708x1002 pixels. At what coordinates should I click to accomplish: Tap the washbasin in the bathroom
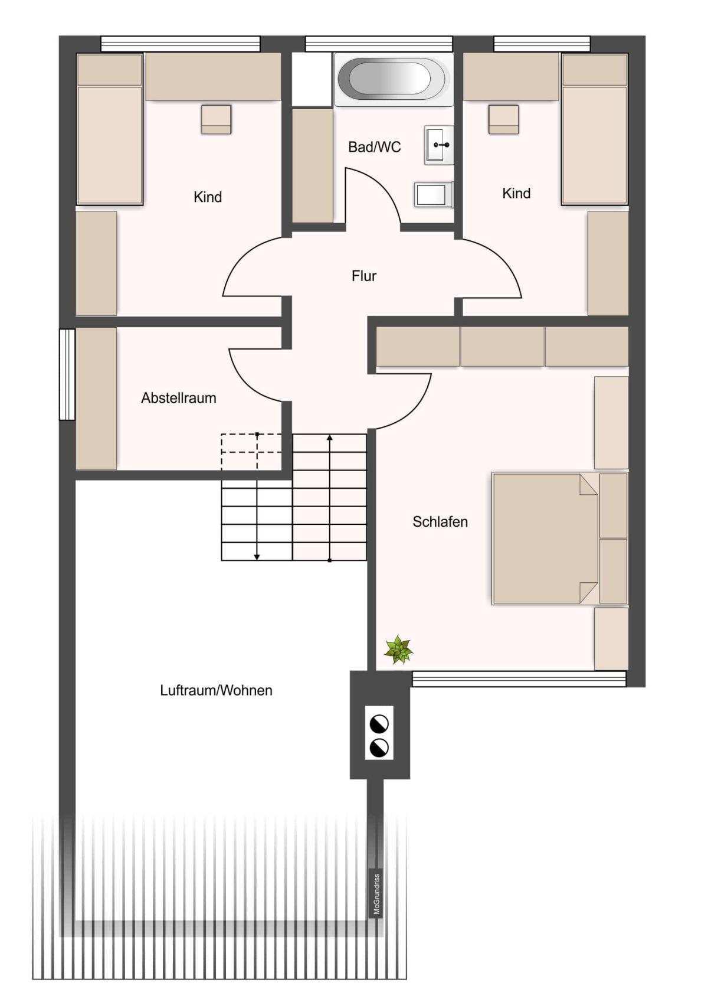439,145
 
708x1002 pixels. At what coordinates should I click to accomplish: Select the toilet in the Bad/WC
434,195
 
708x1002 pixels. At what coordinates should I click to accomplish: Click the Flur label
364,276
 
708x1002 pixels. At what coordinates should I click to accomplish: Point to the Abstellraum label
179,397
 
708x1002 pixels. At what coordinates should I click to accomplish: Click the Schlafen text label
440,521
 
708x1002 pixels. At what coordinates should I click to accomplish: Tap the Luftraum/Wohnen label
217,690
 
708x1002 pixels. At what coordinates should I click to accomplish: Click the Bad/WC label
375,146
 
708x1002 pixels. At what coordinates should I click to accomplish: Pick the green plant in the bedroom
399,649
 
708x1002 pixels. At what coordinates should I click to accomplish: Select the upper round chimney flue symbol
379,724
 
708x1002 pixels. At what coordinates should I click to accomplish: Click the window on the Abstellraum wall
67,374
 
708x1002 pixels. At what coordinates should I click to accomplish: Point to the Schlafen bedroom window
519,678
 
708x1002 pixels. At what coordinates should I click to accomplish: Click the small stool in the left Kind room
216,119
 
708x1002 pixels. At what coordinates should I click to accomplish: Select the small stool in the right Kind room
503,119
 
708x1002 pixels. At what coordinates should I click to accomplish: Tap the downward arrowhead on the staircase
257,557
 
